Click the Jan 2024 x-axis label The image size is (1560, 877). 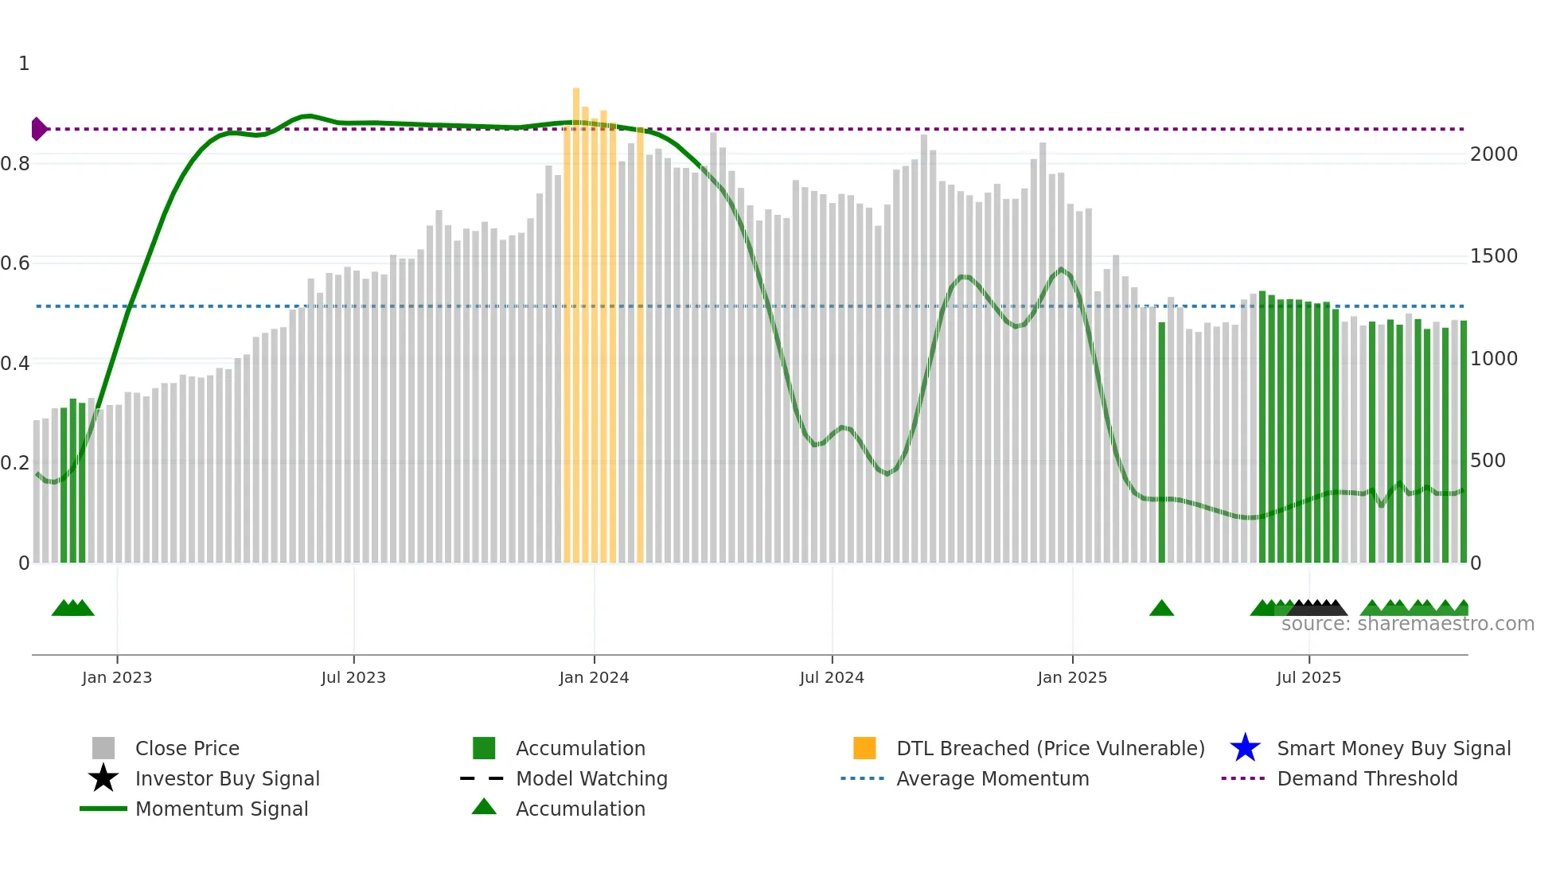(594, 677)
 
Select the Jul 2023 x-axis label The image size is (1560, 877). (353, 677)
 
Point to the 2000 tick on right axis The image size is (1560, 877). (1493, 154)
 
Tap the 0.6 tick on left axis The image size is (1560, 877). (15, 263)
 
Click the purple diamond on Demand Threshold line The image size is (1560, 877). (38, 129)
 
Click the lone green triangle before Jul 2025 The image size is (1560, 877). (1161, 609)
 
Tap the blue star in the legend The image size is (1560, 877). (1245, 748)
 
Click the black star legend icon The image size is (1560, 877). (103, 778)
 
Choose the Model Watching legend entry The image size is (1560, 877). (591, 778)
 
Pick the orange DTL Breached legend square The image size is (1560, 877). (864, 748)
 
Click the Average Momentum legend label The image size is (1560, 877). (993, 778)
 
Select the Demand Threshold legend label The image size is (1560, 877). (1367, 778)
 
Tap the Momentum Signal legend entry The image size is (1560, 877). (221, 809)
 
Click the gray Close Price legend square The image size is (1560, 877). (103, 748)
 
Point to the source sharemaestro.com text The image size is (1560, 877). (1407, 624)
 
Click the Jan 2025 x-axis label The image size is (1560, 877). (1072, 677)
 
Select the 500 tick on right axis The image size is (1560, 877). (1487, 461)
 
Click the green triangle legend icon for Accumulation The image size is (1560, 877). (484, 807)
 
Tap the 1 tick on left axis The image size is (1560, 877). (24, 64)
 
